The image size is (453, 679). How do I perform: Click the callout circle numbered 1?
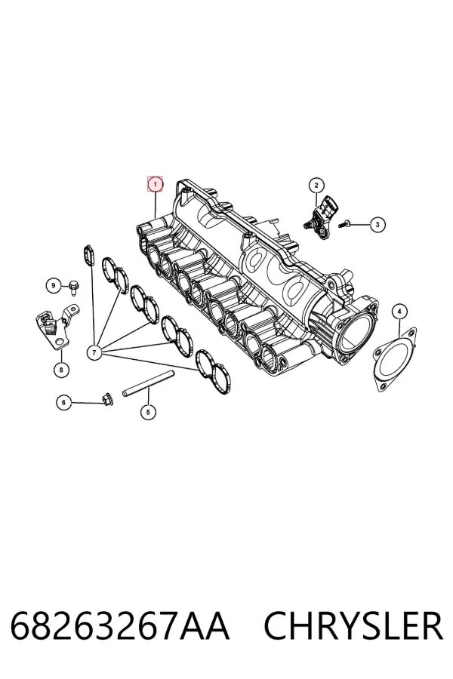(x=156, y=185)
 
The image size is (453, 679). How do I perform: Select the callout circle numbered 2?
(x=316, y=186)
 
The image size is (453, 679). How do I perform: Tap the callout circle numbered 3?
(x=377, y=224)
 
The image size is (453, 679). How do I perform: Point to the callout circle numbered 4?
(x=399, y=311)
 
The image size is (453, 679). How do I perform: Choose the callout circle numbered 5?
(x=148, y=411)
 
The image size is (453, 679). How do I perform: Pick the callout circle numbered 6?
(x=63, y=403)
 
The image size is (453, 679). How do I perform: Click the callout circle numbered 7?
(x=94, y=352)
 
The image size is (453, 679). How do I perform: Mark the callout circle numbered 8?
(x=61, y=370)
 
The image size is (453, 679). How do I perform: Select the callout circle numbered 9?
(x=54, y=286)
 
